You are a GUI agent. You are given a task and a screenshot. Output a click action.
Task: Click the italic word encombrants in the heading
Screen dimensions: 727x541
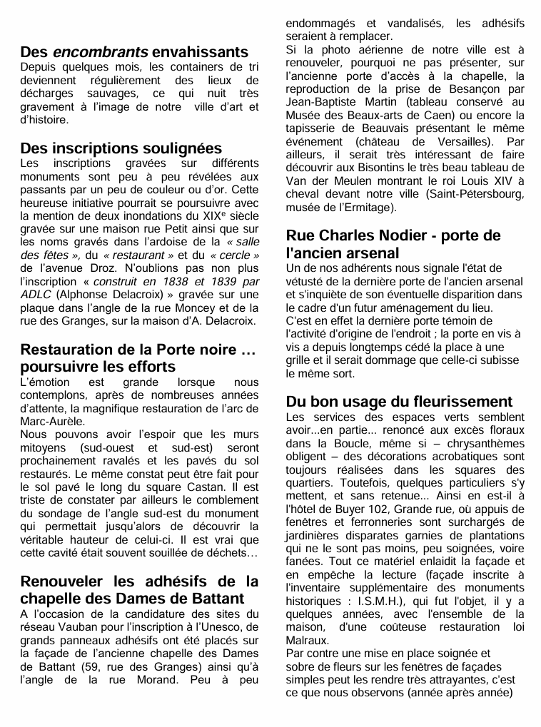[101, 52]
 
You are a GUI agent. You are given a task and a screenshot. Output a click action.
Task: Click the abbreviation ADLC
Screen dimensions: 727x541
[35, 295]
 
